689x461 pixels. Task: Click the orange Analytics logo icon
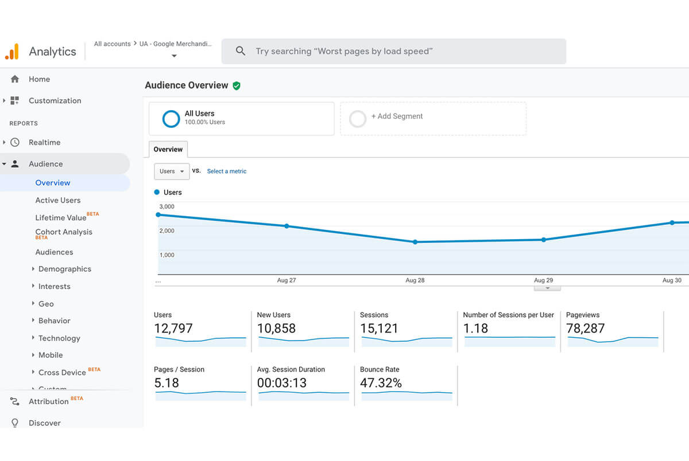(11, 52)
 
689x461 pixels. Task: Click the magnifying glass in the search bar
(241, 51)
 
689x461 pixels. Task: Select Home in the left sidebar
(39, 79)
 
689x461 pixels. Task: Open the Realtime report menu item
(44, 142)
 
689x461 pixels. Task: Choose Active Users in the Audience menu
(58, 200)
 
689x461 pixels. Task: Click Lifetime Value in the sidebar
(61, 217)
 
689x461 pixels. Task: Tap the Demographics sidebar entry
(64, 269)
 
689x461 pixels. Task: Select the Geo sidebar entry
(46, 304)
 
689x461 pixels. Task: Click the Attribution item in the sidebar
(49, 401)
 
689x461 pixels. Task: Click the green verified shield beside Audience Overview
(237, 85)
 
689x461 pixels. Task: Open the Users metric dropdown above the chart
(172, 171)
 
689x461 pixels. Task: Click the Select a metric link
(227, 171)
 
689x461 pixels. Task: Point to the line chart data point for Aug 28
(415, 242)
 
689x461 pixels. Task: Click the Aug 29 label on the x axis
(543, 280)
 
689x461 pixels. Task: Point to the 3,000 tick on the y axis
(167, 206)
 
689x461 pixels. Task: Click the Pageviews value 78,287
(585, 329)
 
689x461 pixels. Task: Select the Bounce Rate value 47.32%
(381, 383)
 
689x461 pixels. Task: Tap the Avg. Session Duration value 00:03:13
(282, 383)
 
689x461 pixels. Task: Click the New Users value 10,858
(276, 329)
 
